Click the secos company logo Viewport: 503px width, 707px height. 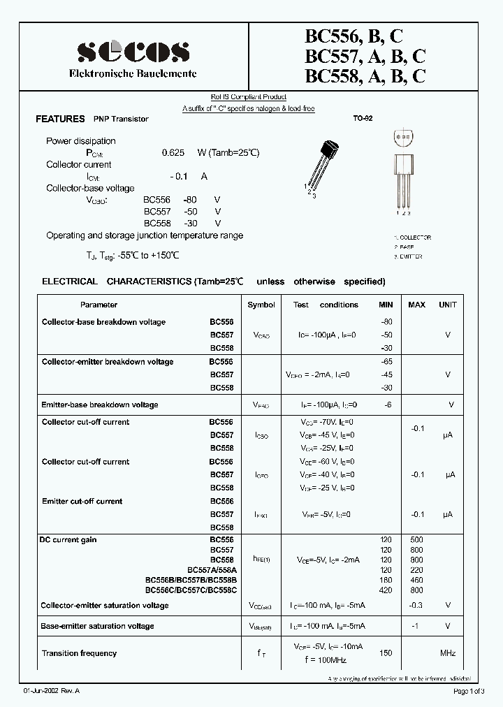coord(132,51)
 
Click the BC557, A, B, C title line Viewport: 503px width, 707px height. coord(365,57)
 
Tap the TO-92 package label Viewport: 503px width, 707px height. coord(363,119)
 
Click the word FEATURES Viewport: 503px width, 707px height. coord(60,119)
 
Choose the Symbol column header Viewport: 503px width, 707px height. coord(261,305)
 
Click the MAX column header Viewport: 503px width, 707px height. coord(416,305)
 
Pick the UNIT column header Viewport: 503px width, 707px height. coord(447,305)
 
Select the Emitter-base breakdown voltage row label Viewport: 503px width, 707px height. coord(100,404)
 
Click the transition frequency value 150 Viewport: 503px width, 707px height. coord(386,653)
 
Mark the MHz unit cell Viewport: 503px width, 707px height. coord(447,653)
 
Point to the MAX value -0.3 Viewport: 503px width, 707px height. coord(416,606)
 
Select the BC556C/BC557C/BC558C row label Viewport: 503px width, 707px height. coord(191,590)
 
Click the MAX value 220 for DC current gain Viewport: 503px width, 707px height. coord(416,570)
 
